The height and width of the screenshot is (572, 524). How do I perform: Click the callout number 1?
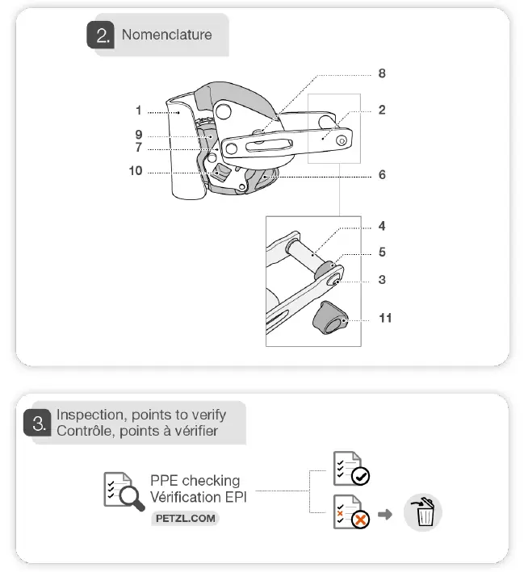(139, 111)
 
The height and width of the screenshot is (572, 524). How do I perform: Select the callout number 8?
(382, 73)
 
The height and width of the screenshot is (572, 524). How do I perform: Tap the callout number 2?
(382, 111)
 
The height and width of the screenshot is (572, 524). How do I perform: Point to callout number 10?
(135, 172)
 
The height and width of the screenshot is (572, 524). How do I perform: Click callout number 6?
(382, 174)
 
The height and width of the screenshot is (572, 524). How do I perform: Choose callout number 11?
(385, 318)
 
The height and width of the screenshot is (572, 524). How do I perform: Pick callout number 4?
(382, 227)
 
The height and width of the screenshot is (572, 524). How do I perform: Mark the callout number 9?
(139, 134)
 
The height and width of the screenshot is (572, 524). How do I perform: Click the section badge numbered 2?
(103, 36)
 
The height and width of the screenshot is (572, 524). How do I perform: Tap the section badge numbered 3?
(37, 422)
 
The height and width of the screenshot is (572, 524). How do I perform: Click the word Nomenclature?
(166, 35)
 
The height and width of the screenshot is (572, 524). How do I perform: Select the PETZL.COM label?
(185, 519)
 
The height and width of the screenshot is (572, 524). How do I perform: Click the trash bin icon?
(423, 512)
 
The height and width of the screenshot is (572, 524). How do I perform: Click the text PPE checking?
(195, 481)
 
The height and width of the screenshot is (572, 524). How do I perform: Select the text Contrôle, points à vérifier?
(136, 431)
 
